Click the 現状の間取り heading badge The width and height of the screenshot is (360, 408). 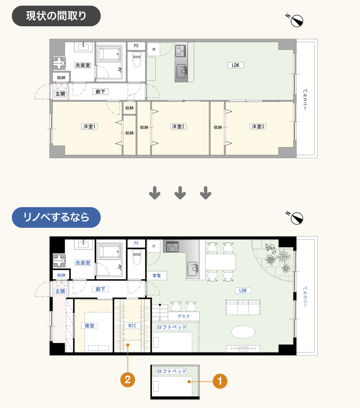pos(56,16)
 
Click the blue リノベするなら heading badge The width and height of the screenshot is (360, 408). pos(56,217)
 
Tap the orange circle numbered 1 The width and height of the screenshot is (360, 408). pos(220,381)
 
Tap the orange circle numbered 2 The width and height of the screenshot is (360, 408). pos(127,380)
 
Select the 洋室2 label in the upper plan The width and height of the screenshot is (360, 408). pos(178,127)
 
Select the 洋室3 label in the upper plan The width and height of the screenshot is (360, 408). pos(258,127)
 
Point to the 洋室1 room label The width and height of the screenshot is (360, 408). pos(89,127)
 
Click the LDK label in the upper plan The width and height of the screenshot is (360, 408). pos(236,65)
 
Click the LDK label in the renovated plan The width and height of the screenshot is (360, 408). pos(243,290)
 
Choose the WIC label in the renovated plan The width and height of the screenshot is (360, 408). pos(132,325)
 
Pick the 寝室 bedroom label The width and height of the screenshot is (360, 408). pos(90,325)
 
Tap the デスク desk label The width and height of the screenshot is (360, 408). pos(184,316)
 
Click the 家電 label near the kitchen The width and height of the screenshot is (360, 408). pos(157,275)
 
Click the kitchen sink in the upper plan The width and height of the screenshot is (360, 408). pos(182,71)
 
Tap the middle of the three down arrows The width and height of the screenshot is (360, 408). pos(180,193)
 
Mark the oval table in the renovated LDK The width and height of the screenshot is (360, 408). pos(243,332)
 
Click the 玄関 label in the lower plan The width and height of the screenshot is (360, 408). pos(60,291)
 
